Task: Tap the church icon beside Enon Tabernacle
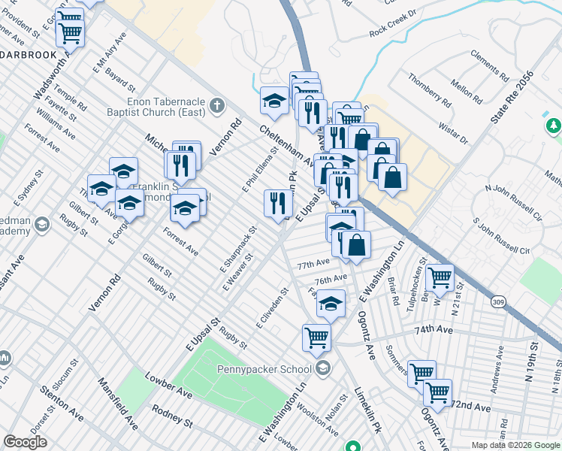[218, 104]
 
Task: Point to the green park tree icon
[553, 125]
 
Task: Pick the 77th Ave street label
[313, 265]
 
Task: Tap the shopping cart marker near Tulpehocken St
[440, 277]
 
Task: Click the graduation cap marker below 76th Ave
[331, 304]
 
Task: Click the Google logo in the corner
[26, 442]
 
